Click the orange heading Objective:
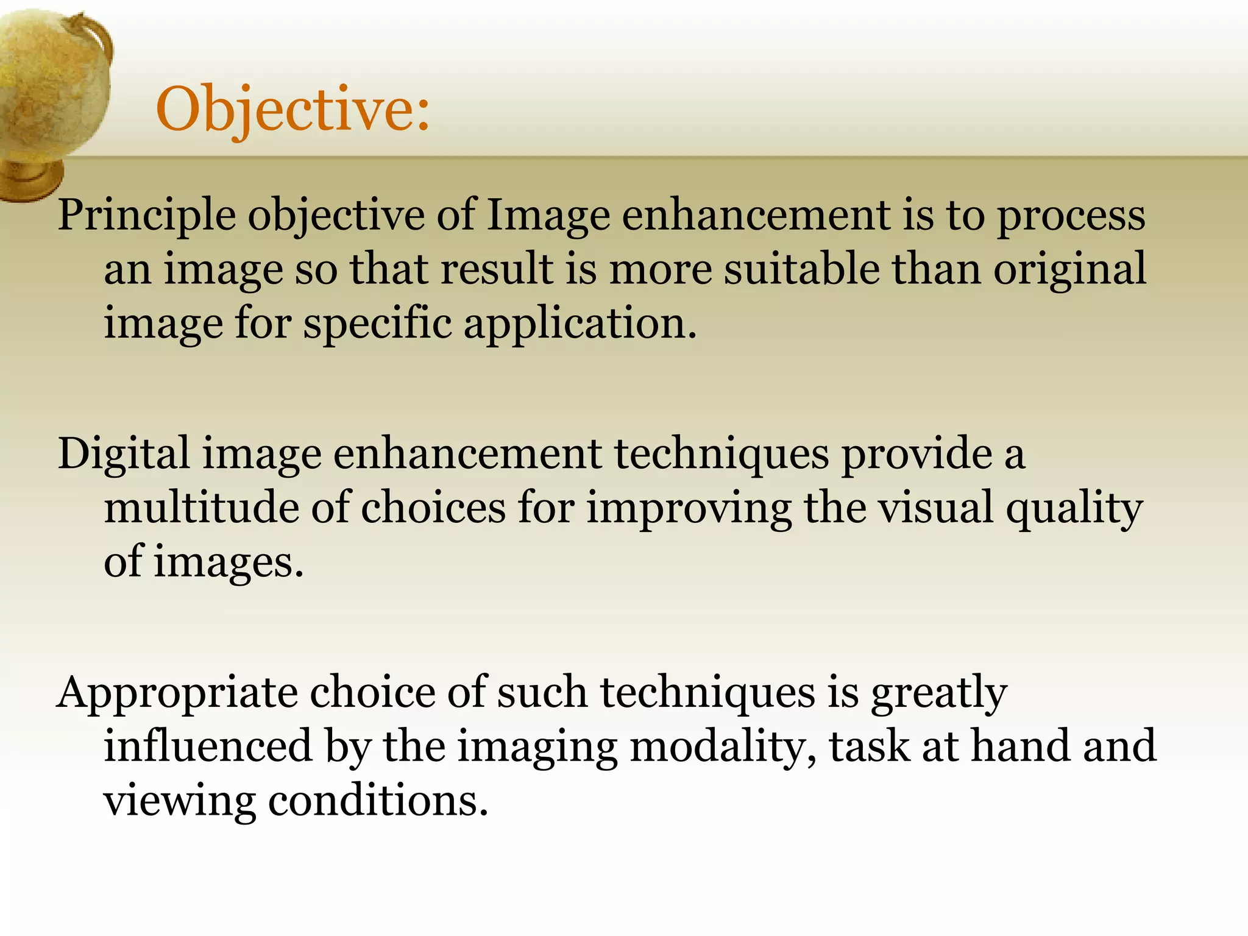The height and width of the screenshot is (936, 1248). tap(292, 110)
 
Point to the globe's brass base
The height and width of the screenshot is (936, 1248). tap(30, 180)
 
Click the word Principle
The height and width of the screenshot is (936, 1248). tap(147, 216)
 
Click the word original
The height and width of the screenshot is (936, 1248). tap(1069, 270)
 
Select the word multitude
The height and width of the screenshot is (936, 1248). tap(202, 508)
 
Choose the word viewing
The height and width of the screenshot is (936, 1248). tap(180, 801)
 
